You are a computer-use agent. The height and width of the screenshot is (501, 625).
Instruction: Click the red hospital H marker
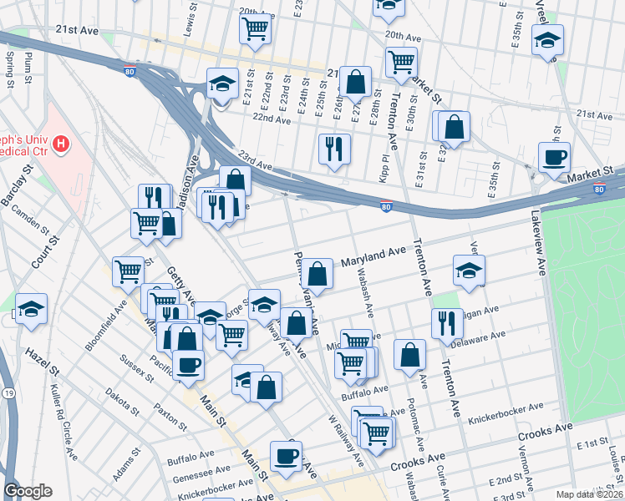point(60,145)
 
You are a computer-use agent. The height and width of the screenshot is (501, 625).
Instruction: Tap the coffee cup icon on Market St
point(554,156)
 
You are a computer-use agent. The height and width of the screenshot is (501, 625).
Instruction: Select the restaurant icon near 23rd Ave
point(334,149)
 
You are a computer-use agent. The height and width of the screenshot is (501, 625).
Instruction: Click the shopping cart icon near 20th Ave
point(256,28)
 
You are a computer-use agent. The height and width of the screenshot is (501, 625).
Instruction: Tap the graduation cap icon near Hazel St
point(31,309)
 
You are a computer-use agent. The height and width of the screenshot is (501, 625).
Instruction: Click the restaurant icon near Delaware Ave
point(447,322)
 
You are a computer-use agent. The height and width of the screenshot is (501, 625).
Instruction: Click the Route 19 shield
point(8,392)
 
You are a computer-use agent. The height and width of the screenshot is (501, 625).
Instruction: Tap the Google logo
point(28,491)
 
